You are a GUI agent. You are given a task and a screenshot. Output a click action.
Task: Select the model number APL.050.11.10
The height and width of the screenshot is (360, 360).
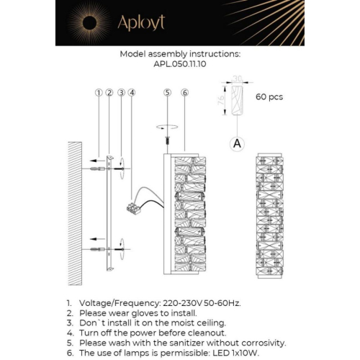(x=180, y=63)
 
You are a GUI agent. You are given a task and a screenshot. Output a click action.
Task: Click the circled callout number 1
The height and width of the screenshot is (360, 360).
(x=98, y=93)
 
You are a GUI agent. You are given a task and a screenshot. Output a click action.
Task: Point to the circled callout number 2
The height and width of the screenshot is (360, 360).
(x=109, y=93)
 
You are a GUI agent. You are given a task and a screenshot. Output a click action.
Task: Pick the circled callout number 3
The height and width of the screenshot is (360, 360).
(x=122, y=93)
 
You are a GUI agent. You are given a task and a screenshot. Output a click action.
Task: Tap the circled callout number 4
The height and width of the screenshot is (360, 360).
(x=132, y=93)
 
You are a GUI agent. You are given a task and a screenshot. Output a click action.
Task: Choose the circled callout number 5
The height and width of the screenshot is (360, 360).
(x=167, y=93)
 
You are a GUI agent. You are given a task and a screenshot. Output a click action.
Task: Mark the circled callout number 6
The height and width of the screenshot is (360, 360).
(x=184, y=93)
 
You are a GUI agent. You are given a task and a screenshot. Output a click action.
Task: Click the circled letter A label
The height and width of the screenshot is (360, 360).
(x=236, y=144)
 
